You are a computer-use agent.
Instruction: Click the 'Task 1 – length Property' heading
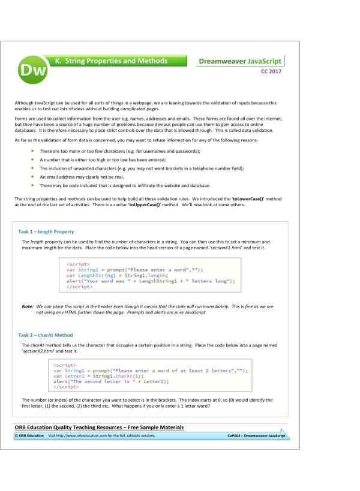[46, 231]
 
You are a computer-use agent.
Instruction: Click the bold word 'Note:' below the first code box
[27, 306]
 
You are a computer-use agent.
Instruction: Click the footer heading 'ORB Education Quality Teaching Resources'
[100, 427]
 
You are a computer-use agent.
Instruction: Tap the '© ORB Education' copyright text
[29, 436]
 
